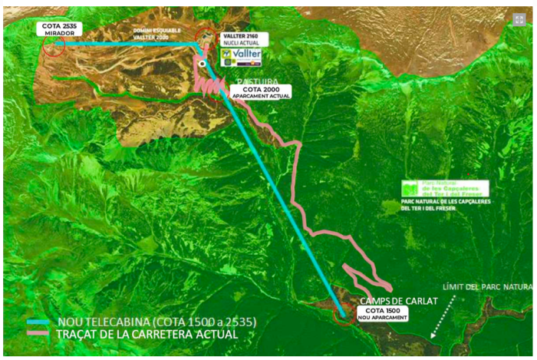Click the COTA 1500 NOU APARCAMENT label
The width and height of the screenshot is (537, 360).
tap(381, 313)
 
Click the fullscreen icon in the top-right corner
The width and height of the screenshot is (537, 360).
tap(519, 19)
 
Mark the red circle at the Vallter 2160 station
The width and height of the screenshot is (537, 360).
tap(206, 36)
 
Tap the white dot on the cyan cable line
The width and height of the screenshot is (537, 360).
tap(201, 64)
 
